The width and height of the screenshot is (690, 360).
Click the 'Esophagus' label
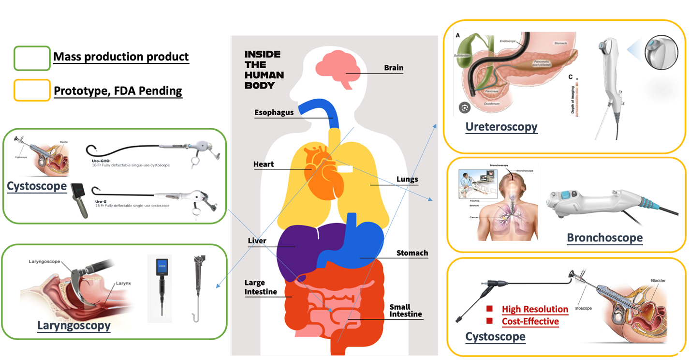pyautogui.click(x=274, y=113)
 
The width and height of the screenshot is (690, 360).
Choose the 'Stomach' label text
pyautogui.click(x=411, y=253)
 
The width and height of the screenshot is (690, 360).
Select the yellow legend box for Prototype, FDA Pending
pyautogui.click(x=32, y=90)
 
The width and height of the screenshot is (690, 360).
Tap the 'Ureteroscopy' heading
pyautogui.click(x=501, y=127)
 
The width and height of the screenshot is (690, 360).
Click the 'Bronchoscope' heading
pyautogui.click(x=604, y=238)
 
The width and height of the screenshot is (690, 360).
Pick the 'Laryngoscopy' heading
pyautogui.click(x=74, y=326)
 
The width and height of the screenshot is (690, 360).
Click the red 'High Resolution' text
pyautogui.click(x=535, y=309)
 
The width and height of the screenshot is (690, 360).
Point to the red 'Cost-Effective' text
pyautogui.click(x=530, y=321)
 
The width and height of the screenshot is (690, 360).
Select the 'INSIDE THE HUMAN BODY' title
pyautogui.click(x=264, y=70)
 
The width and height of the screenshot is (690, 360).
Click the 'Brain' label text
pyautogui.click(x=393, y=68)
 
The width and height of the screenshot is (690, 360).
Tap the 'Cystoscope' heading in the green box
pyautogui.click(x=37, y=186)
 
